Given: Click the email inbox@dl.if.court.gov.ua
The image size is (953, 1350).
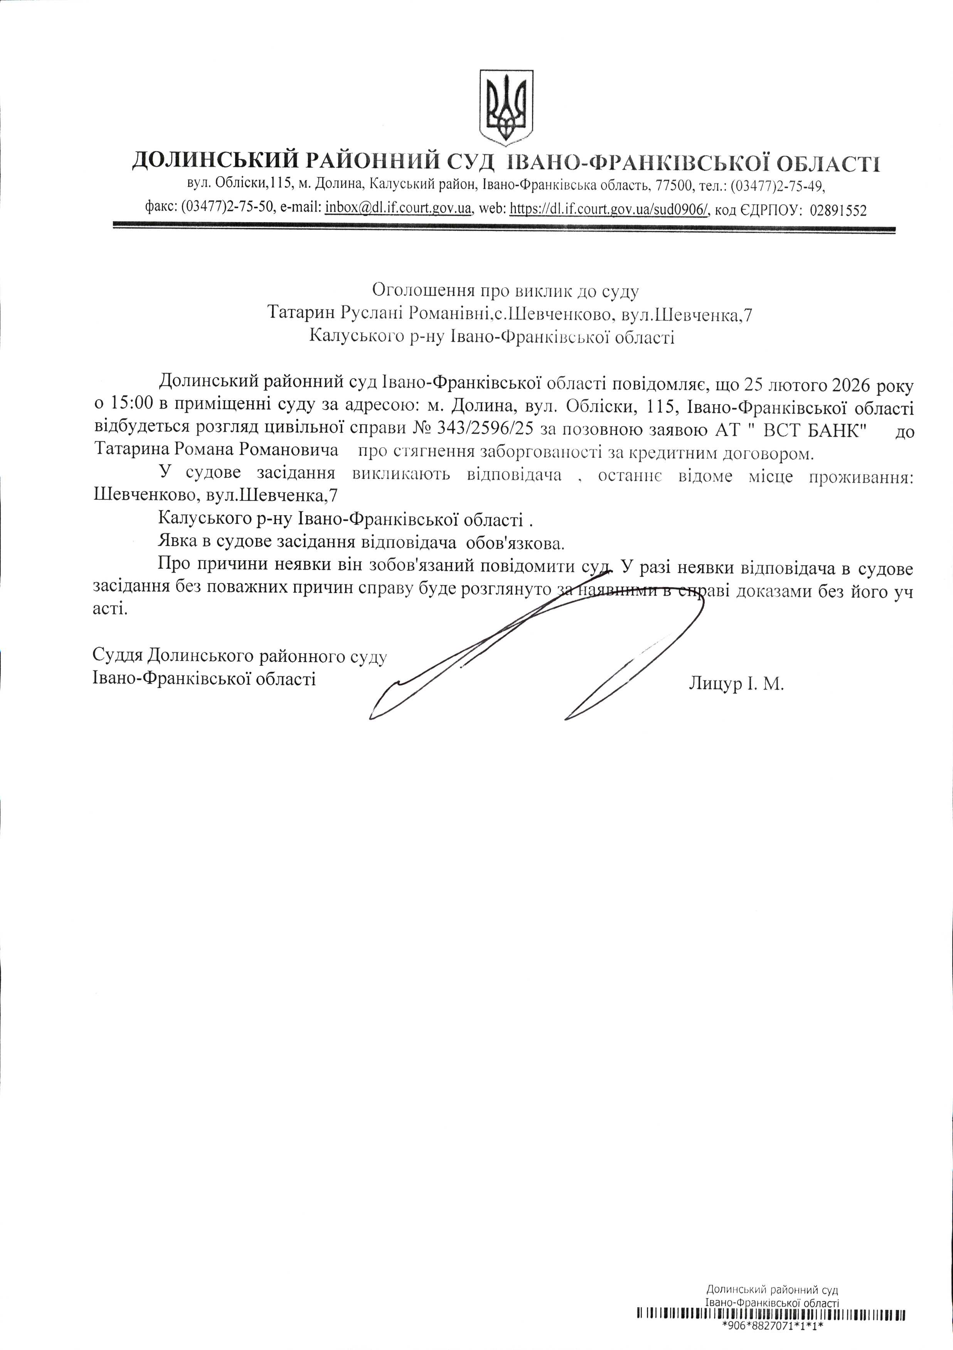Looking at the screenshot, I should coord(399,209).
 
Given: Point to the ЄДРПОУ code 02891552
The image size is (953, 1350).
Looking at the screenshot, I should coord(838,210).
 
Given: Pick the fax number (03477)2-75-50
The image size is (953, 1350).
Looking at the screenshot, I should coord(226,209).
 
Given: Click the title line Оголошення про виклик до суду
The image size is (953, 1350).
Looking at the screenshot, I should coord(505,290).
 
